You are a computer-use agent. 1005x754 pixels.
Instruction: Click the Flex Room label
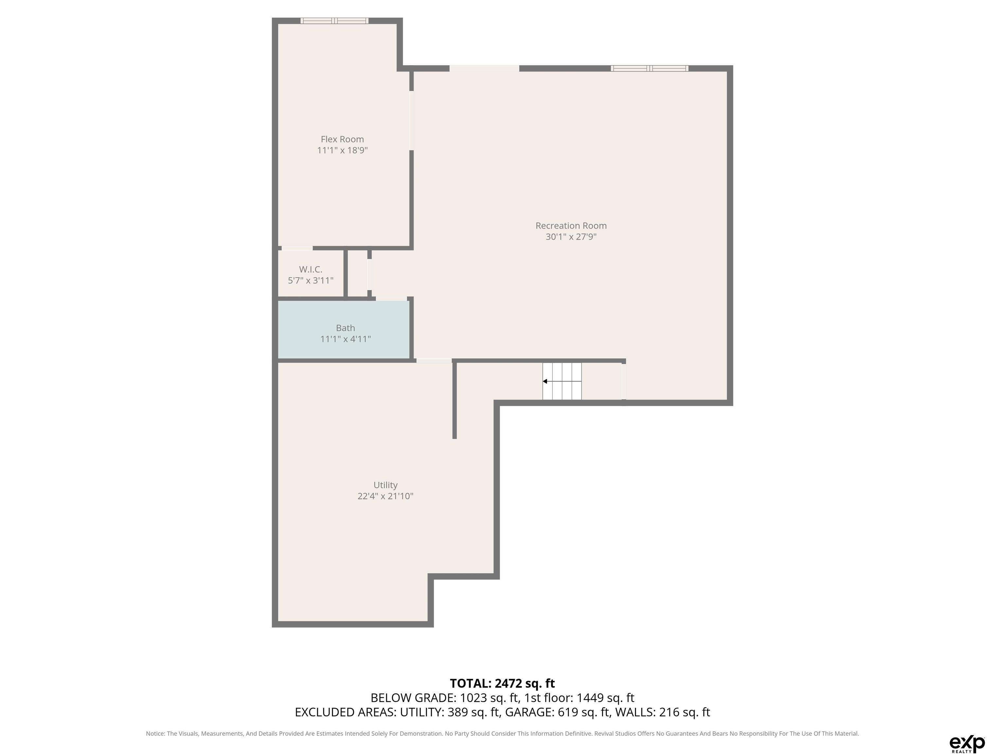(x=342, y=139)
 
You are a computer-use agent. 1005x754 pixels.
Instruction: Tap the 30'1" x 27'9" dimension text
(x=571, y=236)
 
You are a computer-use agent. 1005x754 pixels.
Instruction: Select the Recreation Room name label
(x=571, y=225)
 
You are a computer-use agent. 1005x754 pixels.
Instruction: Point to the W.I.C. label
(x=311, y=270)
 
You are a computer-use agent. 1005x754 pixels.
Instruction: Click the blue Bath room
(x=344, y=330)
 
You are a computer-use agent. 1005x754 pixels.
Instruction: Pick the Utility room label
(x=385, y=485)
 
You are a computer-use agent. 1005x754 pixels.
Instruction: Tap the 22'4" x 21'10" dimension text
(x=385, y=496)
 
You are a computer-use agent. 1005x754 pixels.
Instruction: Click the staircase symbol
(x=562, y=381)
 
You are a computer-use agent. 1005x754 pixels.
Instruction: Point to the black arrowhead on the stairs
(x=545, y=381)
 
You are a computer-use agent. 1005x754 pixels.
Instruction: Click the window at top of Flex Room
(x=334, y=20)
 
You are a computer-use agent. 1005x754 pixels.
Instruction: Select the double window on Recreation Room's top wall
(x=649, y=68)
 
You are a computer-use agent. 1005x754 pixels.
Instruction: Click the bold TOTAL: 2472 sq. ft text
(x=502, y=683)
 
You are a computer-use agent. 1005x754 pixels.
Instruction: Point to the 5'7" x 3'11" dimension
(x=311, y=280)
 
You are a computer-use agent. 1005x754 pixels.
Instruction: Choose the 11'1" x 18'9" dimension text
(x=342, y=150)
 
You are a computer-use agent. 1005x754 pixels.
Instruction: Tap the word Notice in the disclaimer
(x=155, y=734)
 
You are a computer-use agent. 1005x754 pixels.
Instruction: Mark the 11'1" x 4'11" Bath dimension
(x=345, y=339)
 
